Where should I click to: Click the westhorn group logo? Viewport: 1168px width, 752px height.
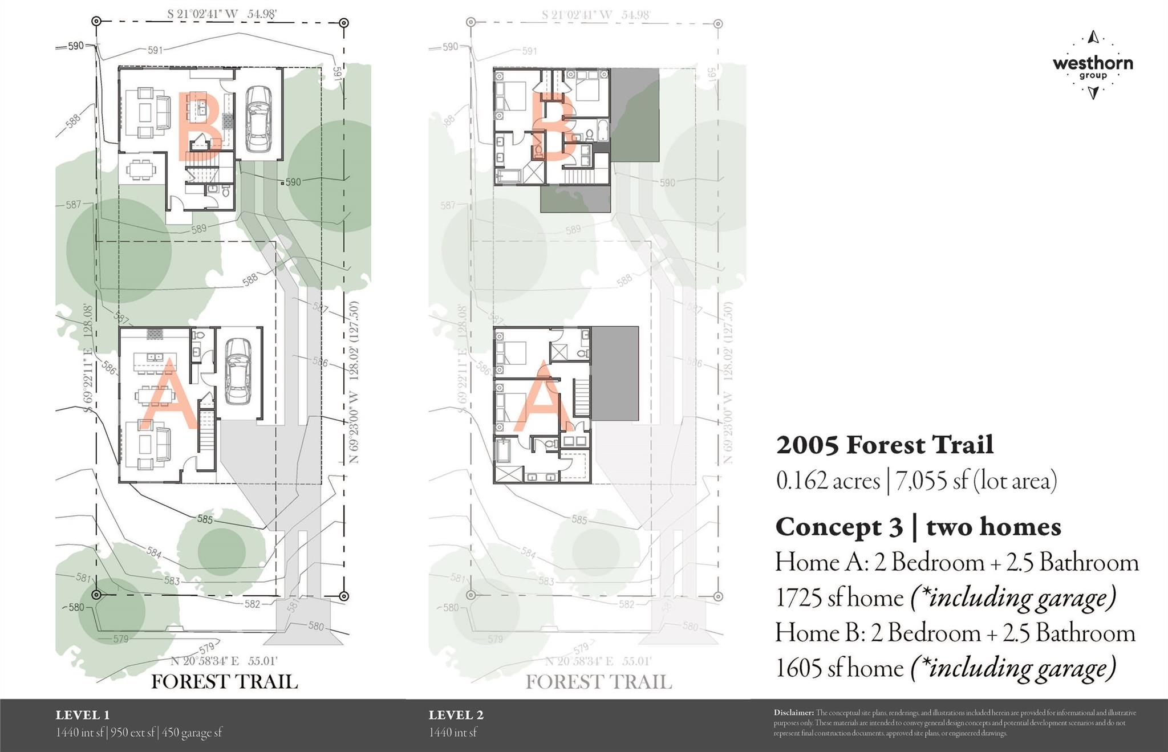point(1092,64)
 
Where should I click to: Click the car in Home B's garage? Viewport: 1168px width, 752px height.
point(259,119)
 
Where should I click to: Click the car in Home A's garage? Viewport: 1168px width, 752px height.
point(238,371)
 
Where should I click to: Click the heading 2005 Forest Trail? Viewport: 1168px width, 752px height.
point(885,445)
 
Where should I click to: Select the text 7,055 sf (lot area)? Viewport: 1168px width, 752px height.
point(976,481)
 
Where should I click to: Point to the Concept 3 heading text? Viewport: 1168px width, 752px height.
point(838,526)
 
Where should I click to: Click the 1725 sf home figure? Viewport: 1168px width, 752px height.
point(839,598)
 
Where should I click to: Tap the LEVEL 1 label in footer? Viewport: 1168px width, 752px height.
point(83,715)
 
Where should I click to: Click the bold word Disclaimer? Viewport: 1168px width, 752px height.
point(793,713)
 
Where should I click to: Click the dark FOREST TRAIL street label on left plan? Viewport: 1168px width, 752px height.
point(224,682)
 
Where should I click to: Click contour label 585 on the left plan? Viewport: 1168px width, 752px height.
point(205,519)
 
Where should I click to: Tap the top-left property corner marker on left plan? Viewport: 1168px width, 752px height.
point(96,22)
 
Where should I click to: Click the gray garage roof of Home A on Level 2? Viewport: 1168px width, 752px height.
point(615,373)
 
